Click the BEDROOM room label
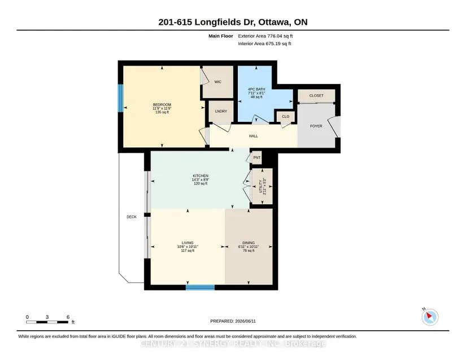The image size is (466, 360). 162,105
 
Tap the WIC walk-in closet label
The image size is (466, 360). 218,82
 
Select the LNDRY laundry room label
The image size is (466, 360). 221,111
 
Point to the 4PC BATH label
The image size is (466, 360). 256,89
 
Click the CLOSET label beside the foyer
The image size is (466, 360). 316,95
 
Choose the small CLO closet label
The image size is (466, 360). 286,117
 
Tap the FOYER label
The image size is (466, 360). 316,126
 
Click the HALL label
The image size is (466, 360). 254,136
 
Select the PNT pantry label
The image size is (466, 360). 257,157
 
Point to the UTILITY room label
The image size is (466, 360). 260,186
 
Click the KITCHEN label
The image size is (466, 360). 201,176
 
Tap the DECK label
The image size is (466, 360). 132,217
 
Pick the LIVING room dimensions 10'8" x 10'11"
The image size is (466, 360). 188,247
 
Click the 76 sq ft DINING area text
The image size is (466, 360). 249,251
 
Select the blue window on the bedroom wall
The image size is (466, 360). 121,98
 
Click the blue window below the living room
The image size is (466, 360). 201,287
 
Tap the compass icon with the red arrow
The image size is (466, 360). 430,317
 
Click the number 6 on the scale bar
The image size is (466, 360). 68,317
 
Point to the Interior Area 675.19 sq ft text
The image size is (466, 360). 264,43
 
